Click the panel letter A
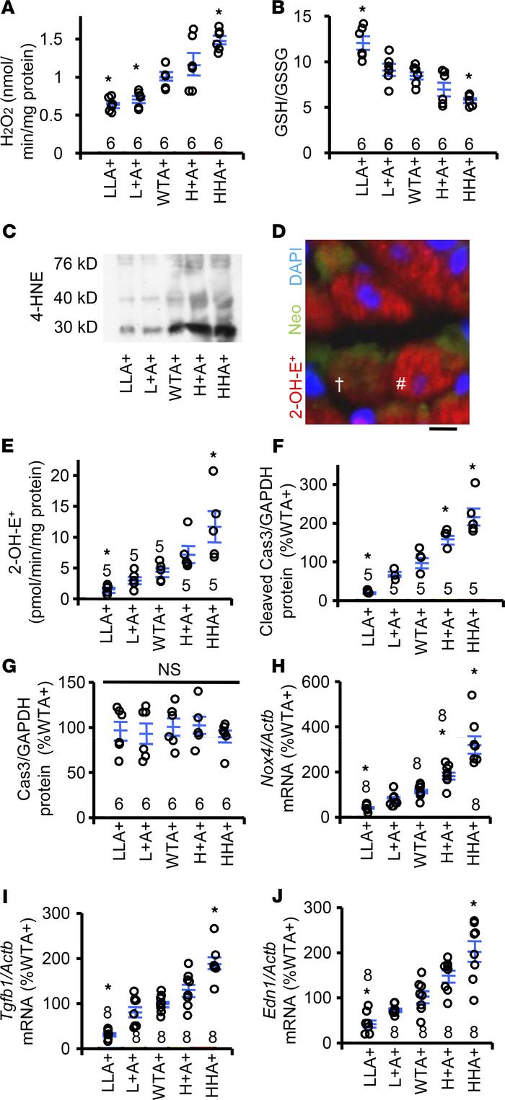pyautogui.click(x=12, y=9)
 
